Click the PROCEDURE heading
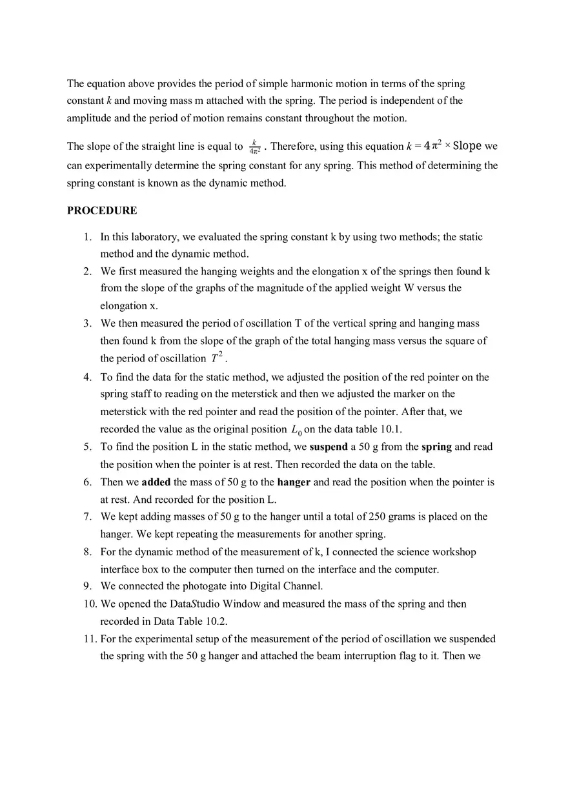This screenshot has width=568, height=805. (x=102, y=210)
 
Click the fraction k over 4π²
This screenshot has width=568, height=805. (x=254, y=147)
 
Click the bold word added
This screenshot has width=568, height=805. (x=156, y=482)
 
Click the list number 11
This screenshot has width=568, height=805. (x=89, y=639)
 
